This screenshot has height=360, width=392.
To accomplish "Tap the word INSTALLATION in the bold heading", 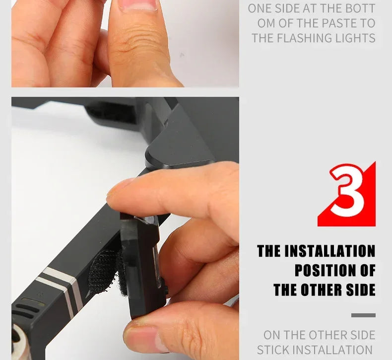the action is click(x=330, y=251).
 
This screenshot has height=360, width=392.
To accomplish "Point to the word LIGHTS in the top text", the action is click(x=355, y=38).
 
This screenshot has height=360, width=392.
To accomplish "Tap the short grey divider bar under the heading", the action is click(x=363, y=315).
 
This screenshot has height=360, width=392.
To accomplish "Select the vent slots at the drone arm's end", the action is click(x=28, y=308).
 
